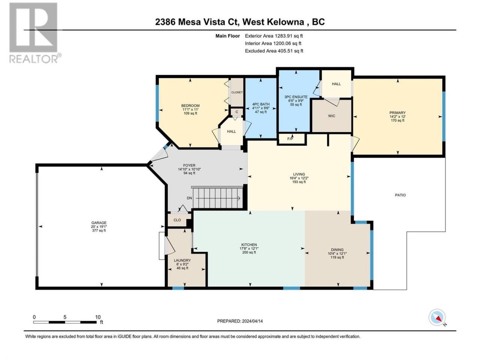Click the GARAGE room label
(99, 223)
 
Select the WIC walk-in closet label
(331, 116)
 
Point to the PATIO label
(400, 195)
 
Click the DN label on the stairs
(189, 198)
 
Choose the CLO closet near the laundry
(177, 220)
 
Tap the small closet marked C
(237, 112)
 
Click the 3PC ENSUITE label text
(296, 97)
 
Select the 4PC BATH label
(261, 104)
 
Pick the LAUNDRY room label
(182, 260)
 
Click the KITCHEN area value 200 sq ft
(249, 252)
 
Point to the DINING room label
(337, 250)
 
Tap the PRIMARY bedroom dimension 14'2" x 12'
(397, 117)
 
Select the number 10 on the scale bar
(98, 317)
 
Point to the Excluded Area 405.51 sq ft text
(274, 51)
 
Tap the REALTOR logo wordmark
(35, 58)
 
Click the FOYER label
(189, 165)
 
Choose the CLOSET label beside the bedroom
(237, 92)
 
